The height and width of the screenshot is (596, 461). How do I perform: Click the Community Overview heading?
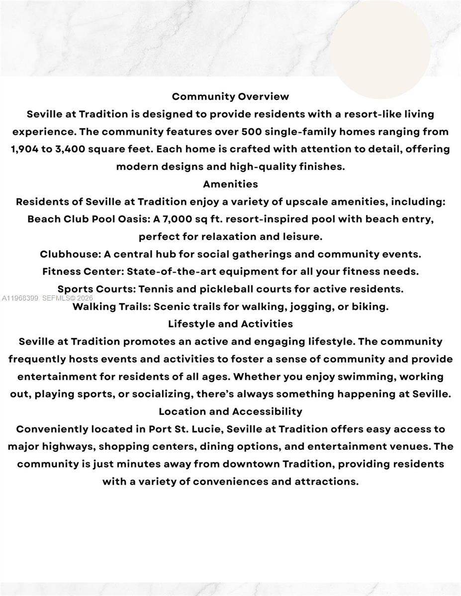pyautogui.click(x=230, y=96)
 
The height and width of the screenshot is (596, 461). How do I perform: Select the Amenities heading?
pyautogui.click(x=230, y=184)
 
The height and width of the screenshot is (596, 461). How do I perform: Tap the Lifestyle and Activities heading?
pyautogui.click(x=230, y=324)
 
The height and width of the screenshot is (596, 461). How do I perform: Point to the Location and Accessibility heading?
pyautogui.click(x=230, y=411)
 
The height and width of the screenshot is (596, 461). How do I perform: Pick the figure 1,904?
pyautogui.click(x=24, y=149)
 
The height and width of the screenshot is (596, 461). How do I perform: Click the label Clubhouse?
pyautogui.click(x=70, y=254)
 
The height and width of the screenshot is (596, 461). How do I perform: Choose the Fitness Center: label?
pyautogui.click(x=83, y=271)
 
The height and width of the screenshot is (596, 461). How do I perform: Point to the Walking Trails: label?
pyautogui.click(x=111, y=306)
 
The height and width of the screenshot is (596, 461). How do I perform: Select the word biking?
pyautogui.click(x=370, y=306)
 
